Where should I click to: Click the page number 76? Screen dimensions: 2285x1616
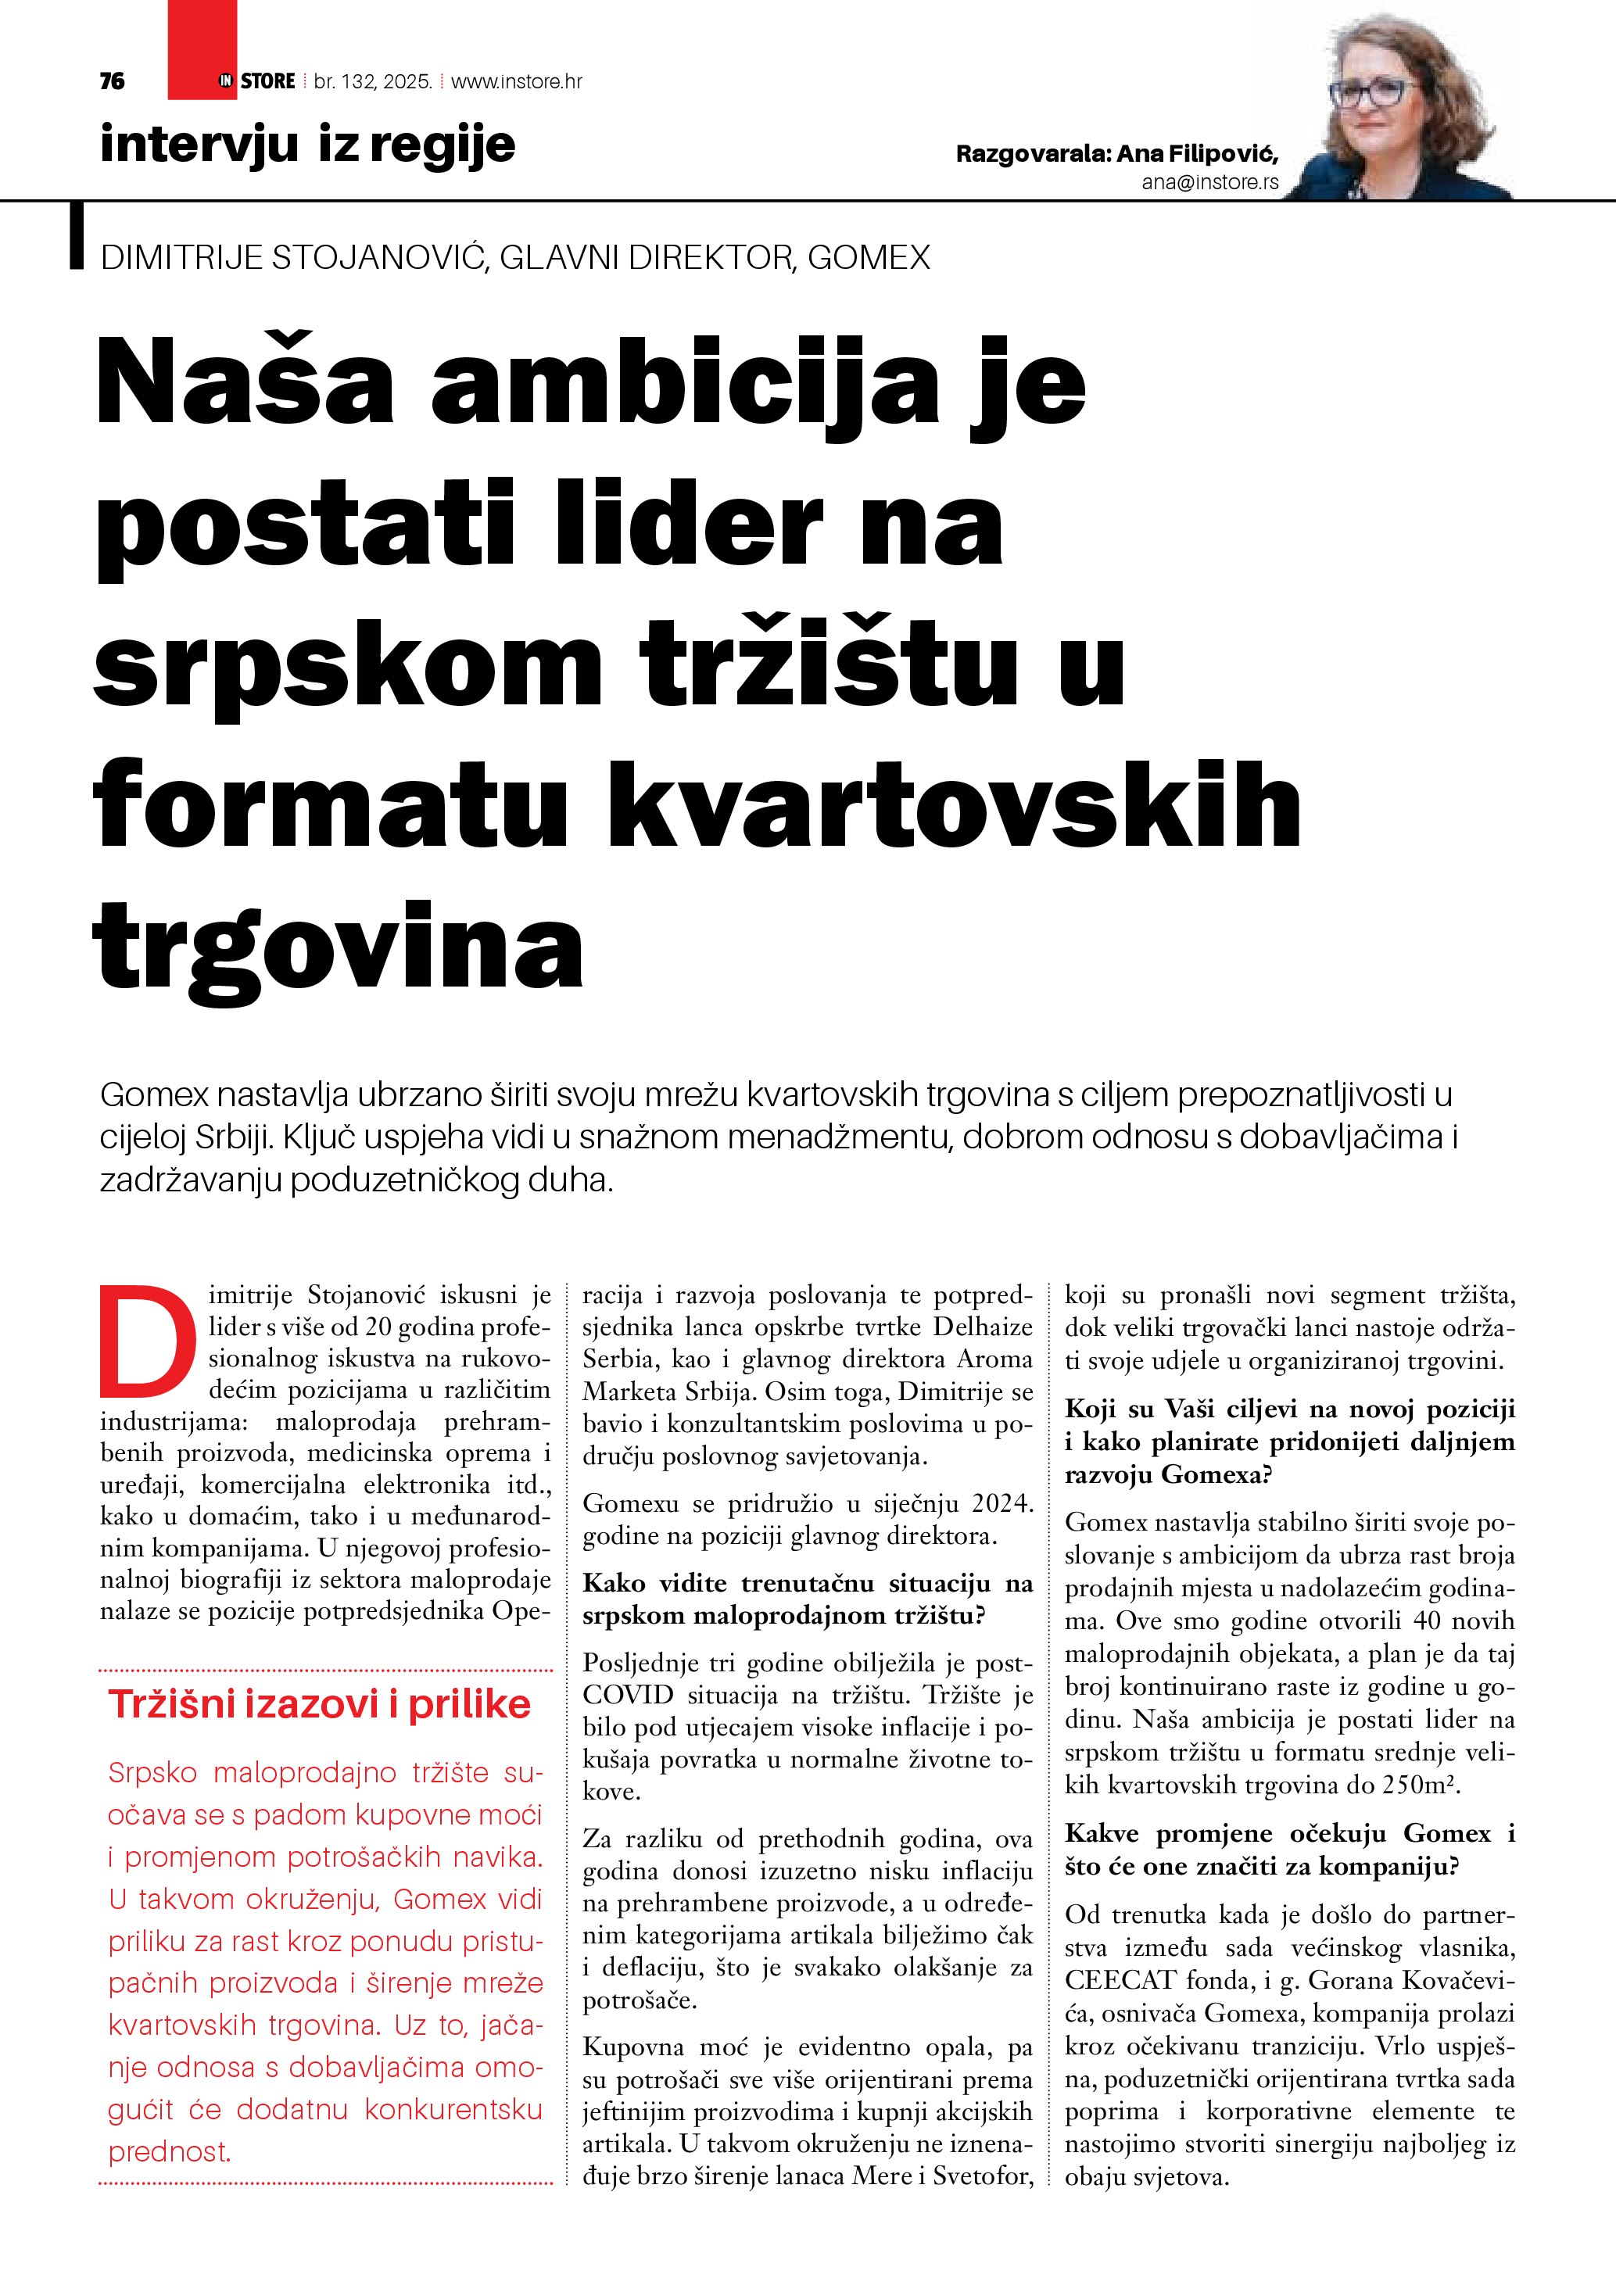click(113, 81)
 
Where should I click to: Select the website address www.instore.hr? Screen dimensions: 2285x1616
click(517, 81)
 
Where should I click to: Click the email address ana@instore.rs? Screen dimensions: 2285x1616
click(1210, 182)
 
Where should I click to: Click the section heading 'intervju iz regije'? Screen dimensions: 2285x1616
click(307, 145)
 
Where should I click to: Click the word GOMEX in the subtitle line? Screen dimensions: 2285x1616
click(869, 258)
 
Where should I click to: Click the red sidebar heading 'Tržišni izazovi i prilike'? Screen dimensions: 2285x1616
click(320, 1705)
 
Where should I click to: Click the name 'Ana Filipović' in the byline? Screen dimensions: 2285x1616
click(1196, 153)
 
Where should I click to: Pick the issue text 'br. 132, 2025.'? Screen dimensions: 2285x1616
click(372, 81)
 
